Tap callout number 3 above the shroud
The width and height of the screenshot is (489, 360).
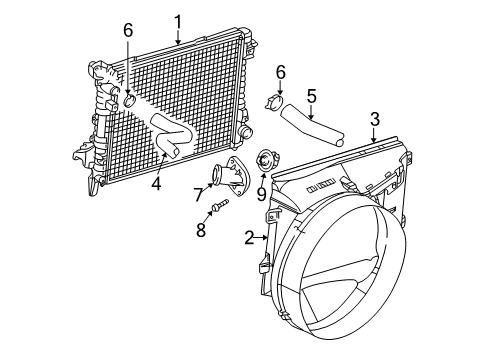(374, 119)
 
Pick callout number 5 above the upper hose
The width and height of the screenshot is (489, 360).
(311, 96)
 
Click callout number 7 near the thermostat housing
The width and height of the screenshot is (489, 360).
(198, 193)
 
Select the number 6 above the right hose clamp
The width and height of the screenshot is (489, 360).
(281, 72)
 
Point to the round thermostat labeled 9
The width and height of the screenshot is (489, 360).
(265, 158)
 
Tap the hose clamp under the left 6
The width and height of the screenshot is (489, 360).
(129, 97)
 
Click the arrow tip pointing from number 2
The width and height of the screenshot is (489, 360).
(267, 238)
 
